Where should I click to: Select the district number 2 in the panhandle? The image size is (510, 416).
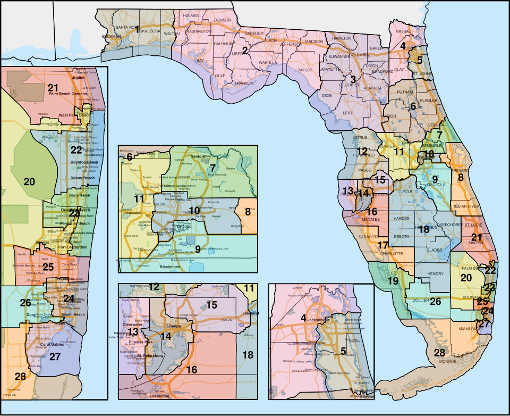245,51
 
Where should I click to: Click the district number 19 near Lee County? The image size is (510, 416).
393,280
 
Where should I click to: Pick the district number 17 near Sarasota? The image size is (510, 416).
383,245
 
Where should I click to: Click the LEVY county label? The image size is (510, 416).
348,113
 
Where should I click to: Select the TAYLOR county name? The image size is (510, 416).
305,70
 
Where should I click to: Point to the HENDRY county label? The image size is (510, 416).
435,274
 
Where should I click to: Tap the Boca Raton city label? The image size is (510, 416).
81,195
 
